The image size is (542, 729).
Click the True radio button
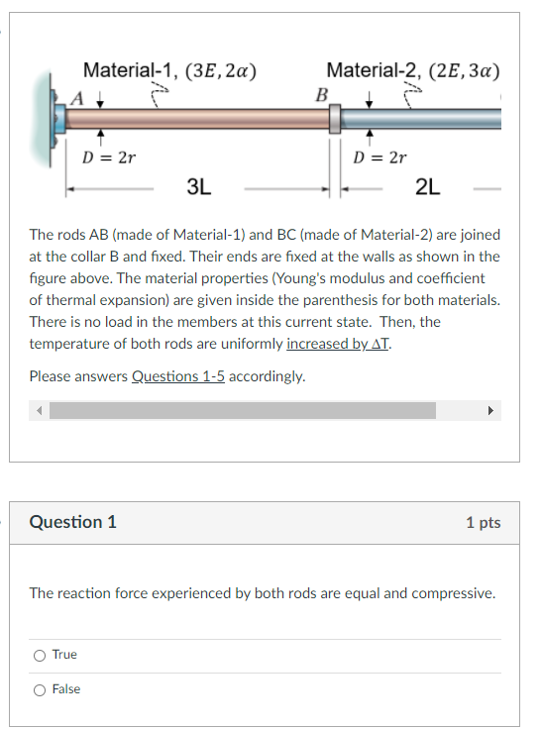coord(39,655)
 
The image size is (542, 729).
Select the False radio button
coord(39,689)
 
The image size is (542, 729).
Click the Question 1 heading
coord(73,522)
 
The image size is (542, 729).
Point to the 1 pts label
coord(483,523)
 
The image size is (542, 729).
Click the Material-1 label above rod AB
coord(129,70)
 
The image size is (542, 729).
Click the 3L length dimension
coord(199,185)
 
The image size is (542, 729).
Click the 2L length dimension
coord(429,185)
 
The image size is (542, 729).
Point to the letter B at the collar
coord(320,95)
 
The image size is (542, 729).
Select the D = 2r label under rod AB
coord(108,156)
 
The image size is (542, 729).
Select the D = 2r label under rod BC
coord(380,156)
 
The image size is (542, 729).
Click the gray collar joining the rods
coord(335,119)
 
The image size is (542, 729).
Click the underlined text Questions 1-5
coord(179,376)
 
